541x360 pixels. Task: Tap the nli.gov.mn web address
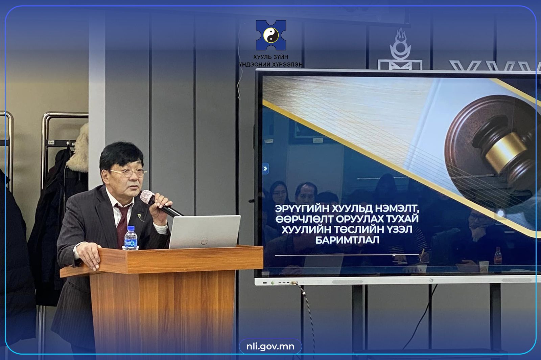coord(270,346)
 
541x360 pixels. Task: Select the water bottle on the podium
coord(131,238)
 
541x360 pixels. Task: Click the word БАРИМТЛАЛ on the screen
coord(347,240)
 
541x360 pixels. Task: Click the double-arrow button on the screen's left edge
coord(265,168)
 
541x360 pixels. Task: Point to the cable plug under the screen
coord(294,283)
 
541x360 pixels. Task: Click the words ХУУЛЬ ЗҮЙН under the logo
coord(271,57)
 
